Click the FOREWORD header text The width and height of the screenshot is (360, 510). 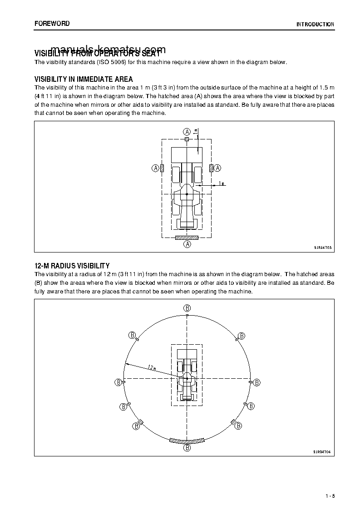[x=52, y=24]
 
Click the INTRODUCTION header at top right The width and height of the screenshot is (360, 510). [x=315, y=25]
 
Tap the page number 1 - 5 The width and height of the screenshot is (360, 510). [x=330, y=495]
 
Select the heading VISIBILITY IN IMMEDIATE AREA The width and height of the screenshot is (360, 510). [x=84, y=79]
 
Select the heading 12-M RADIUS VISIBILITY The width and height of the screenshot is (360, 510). [x=72, y=266]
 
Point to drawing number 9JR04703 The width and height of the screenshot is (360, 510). [x=322, y=248]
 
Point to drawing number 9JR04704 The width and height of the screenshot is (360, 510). [x=322, y=452]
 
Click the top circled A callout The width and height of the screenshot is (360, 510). [x=187, y=131]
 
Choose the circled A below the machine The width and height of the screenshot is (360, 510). [x=187, y=244]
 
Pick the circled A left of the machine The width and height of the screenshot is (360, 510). [x=155, y=168]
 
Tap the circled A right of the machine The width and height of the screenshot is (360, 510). [x=217, y=168]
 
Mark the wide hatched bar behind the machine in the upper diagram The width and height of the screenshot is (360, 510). [x=187, y=237]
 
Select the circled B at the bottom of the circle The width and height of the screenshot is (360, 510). [x=187, y=448]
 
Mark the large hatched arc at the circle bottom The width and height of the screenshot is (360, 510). [x=187, y=441]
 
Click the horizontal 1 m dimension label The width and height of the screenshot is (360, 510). [x=222, y=183]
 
